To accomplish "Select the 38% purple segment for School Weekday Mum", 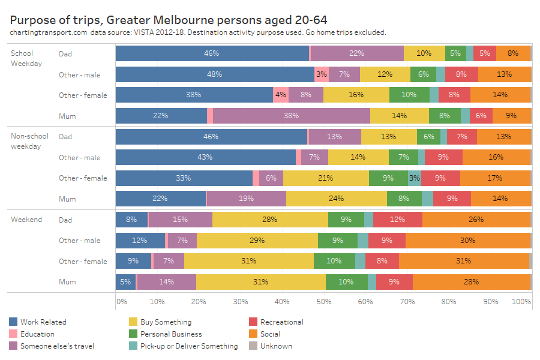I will click(x=292, y=116).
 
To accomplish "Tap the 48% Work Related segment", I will click(x=214, y=74).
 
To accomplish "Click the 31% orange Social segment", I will click(x=463, y=261).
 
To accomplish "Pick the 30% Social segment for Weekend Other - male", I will click(x=467, y=241).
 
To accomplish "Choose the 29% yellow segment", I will click(x=257, y=241).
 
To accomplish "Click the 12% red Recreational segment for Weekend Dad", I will click(x=397, y=220).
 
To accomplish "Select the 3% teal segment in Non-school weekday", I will click(x=415, y=178).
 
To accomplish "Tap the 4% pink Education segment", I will click(x=281, y=95).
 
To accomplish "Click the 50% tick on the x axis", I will click(x=323, y=301).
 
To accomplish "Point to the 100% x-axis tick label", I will click(x=522, y=301).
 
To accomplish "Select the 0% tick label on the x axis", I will click(x=121, y=301).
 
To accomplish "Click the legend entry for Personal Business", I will click(x=170, y=334).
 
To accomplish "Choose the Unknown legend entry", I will click(x=276, y=346).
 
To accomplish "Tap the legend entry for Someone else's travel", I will click(x=57, y=346).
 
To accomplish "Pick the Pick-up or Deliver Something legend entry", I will click(x=188, y=346).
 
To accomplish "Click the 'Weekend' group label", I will click(x=26, y=220).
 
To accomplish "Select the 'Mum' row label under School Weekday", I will click(x=67, y=116).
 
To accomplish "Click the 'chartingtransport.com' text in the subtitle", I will click(x=48, y=32).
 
